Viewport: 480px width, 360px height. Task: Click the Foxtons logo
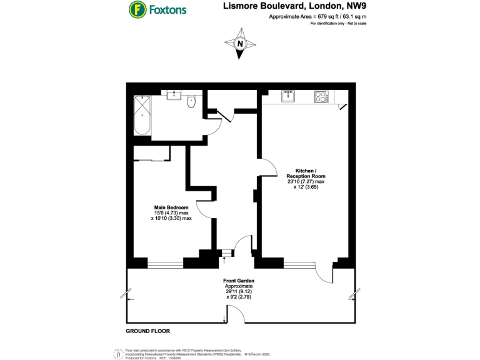pos(157,9)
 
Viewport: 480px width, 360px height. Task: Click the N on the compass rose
pos(240,44)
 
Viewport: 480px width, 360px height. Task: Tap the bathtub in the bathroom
pos(142,116)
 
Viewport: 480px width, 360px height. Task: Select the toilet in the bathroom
pos(192,102)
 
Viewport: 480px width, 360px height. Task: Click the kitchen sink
pos(288,96)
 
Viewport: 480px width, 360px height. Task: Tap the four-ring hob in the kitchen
pos(321,96)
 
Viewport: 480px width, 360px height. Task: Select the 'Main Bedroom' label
pos(171,207)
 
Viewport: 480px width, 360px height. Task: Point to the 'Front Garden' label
pos(239,281)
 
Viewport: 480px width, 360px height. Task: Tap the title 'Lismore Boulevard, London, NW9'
pos(294,7)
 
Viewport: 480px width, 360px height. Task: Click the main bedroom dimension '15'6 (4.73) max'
pos(171,213)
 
